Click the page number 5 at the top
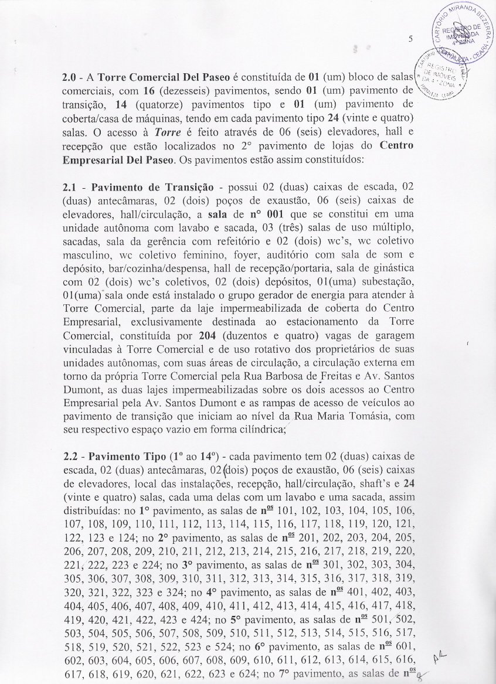click(411, 40)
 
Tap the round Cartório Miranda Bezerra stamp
click(464, 32)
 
